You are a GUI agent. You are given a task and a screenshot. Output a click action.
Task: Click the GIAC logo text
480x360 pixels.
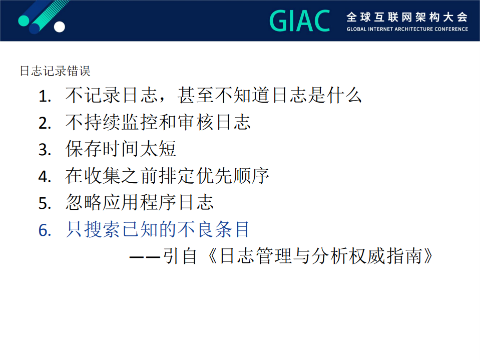300,21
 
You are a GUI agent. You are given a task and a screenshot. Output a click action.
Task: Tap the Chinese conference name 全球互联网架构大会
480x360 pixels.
407,17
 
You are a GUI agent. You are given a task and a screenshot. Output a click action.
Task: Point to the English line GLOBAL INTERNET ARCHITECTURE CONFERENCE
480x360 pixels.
407,29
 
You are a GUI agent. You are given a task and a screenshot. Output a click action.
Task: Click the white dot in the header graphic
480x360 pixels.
59,27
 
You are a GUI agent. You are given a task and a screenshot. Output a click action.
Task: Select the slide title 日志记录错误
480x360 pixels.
55,71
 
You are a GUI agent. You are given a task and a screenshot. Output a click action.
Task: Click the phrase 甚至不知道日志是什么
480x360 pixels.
269,95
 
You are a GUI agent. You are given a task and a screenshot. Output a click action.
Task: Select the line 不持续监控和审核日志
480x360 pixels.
158,122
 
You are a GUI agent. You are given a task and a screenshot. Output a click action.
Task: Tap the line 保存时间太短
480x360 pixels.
121,149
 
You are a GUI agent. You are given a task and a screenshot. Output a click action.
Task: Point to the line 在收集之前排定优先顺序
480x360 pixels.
167,176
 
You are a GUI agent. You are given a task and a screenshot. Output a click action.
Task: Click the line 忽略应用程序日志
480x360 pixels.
139,202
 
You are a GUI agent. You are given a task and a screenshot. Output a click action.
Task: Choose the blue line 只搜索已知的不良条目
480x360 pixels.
158,229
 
